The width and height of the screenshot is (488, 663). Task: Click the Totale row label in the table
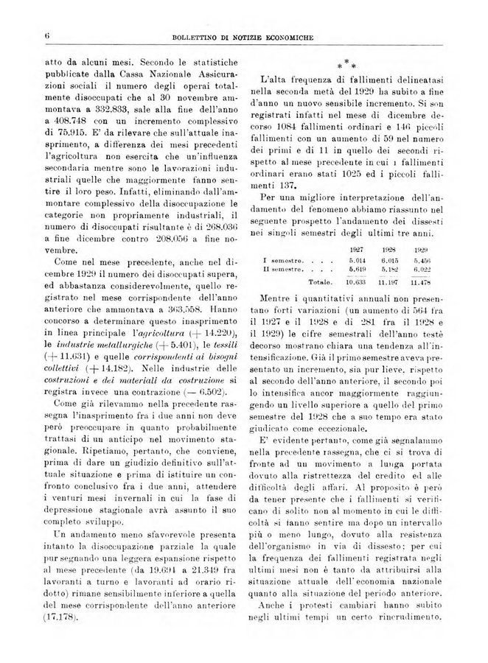(321, 282)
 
